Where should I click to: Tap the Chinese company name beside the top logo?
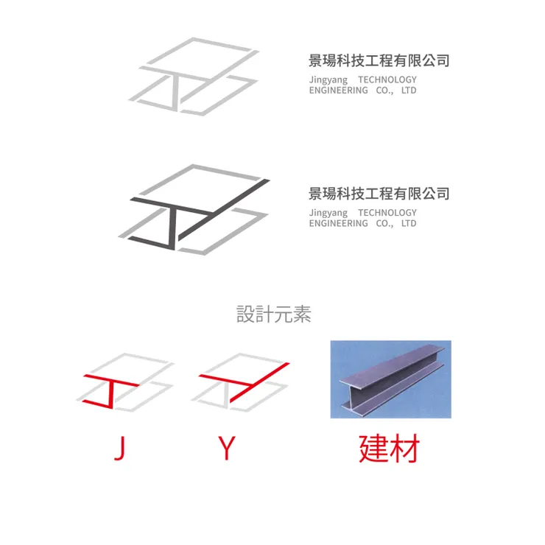click(379, 60)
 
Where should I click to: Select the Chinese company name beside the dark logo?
click(379, 194)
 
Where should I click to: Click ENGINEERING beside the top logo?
click(338, 91)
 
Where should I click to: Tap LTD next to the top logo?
click(409, 91)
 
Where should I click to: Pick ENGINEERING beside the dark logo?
click(338, 223)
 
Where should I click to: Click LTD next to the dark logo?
click(409, 223)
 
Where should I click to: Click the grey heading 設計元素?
click(274, 315)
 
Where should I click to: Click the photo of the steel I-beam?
click(390, 379)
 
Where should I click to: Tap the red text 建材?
click(389, 448)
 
